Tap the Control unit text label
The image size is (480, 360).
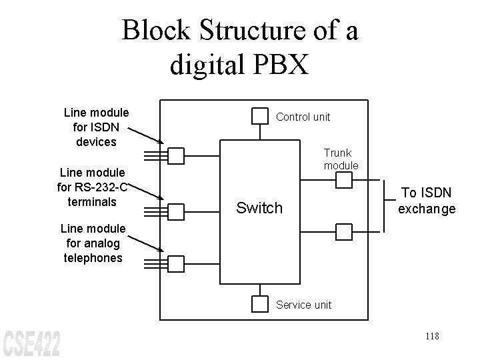point(303,117)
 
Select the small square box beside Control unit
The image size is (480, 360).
point(259,116)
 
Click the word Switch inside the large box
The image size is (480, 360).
point(259,208)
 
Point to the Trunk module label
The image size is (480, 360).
point(341,159)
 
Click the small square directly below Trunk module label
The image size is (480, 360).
point(343,180)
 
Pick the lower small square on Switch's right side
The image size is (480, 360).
point(343,232)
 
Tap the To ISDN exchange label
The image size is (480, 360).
point(427,201)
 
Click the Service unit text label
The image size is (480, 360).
point(303,305)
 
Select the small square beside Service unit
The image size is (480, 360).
point(259,304)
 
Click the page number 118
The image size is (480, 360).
point(431,336)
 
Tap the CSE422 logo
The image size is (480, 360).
point(31,343)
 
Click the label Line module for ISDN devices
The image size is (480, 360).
point(96,127)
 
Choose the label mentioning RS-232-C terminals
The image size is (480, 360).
point(93,187)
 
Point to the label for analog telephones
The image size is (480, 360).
point(93,243)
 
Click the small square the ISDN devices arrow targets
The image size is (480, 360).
point(175,156)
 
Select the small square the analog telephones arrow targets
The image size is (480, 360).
point(175,264)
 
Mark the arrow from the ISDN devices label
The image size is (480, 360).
point(145,134)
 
